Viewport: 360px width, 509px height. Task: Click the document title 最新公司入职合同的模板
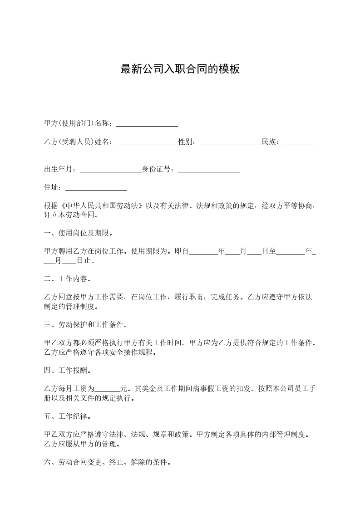point(180,69)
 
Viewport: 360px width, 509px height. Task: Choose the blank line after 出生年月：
point(111,171)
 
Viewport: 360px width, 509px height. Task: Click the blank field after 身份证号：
point(209,171)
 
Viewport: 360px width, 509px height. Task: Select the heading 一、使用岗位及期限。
point(78,234)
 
